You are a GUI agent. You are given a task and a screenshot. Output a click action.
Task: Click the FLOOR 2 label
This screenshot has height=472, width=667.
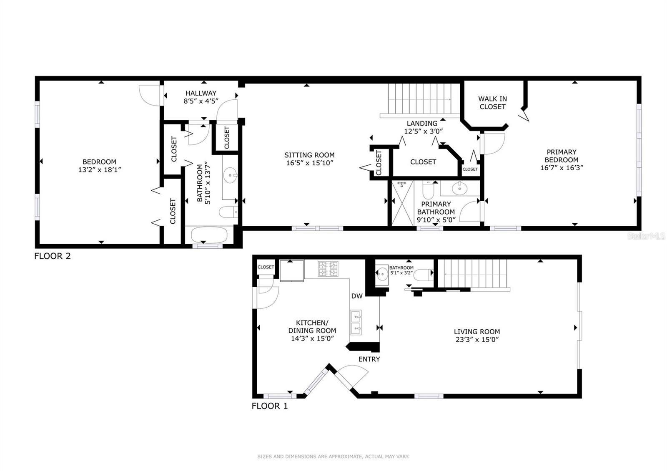[53, 256]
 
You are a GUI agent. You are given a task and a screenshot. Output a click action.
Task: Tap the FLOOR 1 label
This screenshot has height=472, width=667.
[270, 406]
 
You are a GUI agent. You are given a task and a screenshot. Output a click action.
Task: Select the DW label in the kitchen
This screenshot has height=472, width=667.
[356, 296]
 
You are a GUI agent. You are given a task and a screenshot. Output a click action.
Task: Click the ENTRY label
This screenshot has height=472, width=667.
[369, 359]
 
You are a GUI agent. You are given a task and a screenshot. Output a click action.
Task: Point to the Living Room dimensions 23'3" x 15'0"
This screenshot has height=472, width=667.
[477, 340]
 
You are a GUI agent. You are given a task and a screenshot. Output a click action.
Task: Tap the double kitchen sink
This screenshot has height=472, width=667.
[356, 323]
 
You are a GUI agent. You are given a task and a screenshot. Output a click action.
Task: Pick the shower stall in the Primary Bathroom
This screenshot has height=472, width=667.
[401, 203]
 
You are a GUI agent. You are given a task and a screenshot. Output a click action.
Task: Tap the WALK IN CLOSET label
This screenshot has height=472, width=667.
[492, 103]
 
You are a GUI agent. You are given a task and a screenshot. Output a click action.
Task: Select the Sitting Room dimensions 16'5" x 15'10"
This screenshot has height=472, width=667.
[309, 163]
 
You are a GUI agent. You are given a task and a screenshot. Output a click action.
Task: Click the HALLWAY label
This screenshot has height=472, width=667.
[201, 93]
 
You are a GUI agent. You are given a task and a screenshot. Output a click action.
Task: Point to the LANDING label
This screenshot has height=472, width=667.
[422, 124]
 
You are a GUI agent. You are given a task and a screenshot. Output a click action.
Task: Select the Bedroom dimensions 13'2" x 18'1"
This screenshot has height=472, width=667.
[99, 170]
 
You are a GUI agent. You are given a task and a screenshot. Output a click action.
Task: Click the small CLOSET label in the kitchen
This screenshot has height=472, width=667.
[266, 267]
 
